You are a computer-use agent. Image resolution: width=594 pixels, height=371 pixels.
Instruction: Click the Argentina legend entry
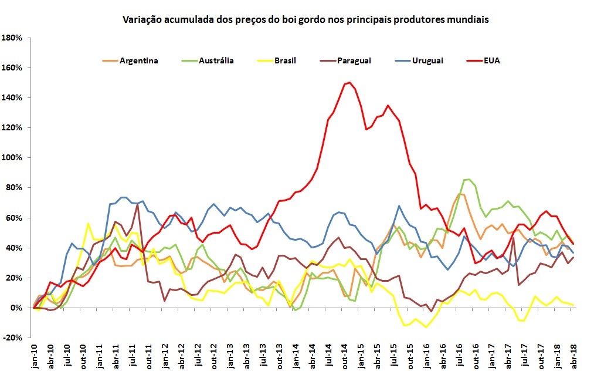(x=138, y=60)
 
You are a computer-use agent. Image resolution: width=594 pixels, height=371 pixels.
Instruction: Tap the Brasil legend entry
(x=285, y=60)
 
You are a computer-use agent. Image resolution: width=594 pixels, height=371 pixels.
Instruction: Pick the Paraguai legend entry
(x=354, y=60)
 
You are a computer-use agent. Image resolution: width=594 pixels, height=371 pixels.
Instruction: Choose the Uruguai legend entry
(x=427, y=60)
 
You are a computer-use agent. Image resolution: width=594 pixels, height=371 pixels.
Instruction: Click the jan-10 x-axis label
(x=34, y=355)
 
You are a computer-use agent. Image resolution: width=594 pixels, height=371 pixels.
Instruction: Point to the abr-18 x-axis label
(x=573, y=355)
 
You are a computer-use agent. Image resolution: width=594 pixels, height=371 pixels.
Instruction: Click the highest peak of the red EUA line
(x=349, y=82)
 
